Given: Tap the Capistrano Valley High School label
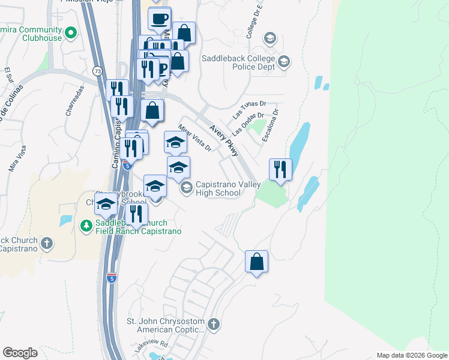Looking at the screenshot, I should pyautogui.click(x=218, y=188).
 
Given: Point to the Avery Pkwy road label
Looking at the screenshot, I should pyautogui.click(x=224, y=142).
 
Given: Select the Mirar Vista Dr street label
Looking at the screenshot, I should pyautogui.click(x=196, y=138).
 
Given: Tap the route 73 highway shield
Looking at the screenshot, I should pyautogui.click(x=97, y=71).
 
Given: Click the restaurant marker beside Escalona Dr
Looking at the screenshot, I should pyautogui.click(x=280, y=169).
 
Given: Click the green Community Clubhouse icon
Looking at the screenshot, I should pyautogui.click(x=71, y=32).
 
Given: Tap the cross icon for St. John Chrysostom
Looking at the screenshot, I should pyautogui.click(x=214, y=325).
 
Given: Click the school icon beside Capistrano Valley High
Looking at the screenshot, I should pyautogui.click(x=187, y=188).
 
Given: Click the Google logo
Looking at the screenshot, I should pyautogui.click(x=20, y=353).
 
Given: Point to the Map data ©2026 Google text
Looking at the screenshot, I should pyautogui.click(x=411, y=355).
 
